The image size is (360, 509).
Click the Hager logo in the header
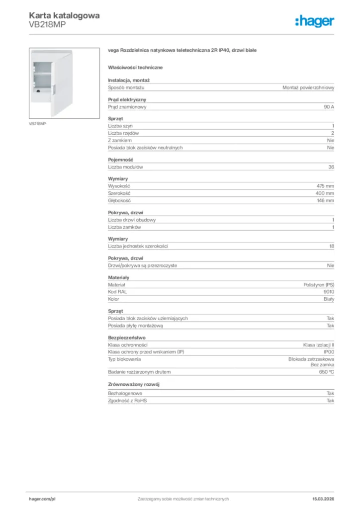(314, 21)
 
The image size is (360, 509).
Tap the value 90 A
(329, 107)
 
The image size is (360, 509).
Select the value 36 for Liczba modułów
(331, 167)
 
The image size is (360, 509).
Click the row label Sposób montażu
(126, 87)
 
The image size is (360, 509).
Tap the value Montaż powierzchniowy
(308, 87)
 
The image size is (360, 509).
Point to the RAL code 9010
(329, 292)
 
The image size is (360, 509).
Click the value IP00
(329, 351)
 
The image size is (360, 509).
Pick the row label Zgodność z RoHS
(128, 400)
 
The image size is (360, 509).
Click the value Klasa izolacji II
(319, 344)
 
